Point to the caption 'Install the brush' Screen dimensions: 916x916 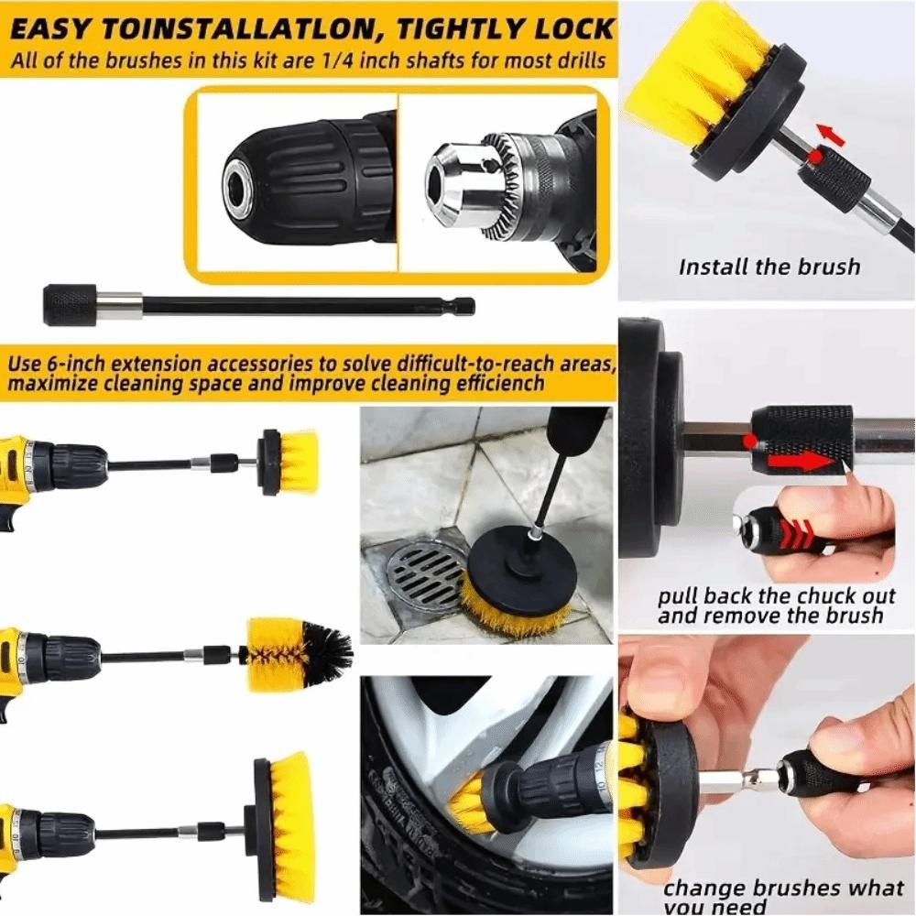[x=769, y=267]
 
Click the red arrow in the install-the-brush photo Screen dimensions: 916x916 [x=830, y=135]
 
